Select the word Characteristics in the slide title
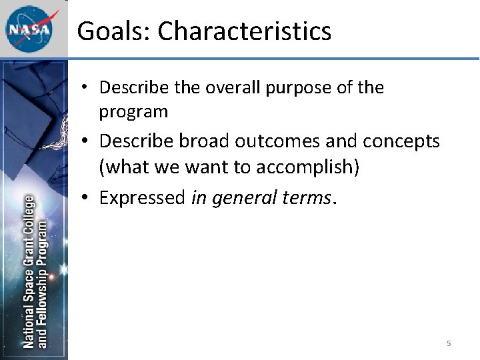(x=244, y=31)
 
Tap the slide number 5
(x=449, y=343)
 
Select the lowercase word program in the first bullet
(x=133, y=112)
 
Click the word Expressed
(x=142, y=197)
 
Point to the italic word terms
(x=307, y=197)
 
